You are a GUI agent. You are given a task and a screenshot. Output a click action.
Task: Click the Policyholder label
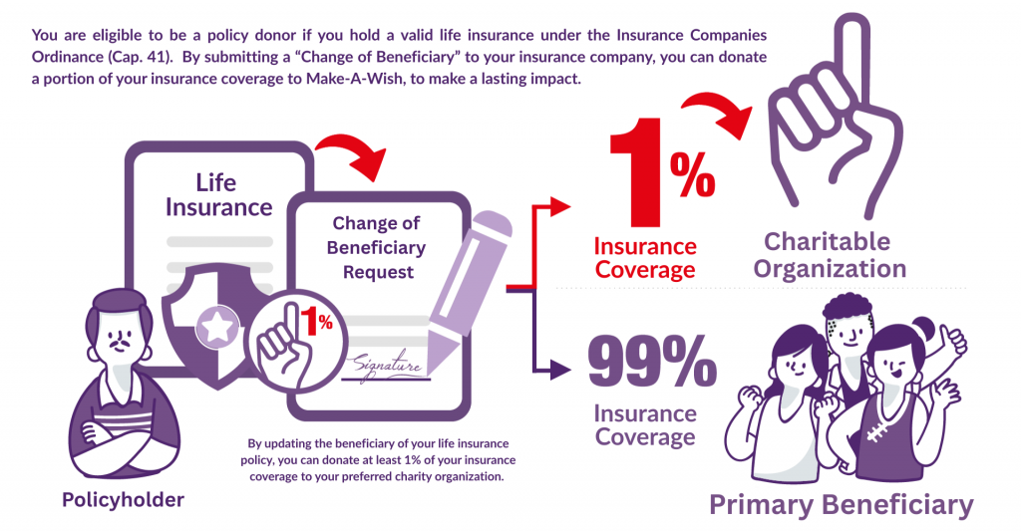[123, 500]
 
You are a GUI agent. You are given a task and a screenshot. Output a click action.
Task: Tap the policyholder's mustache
[120, 341]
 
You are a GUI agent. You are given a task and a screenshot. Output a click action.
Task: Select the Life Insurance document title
[218, 194]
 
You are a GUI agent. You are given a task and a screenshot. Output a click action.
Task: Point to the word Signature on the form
[387, 366]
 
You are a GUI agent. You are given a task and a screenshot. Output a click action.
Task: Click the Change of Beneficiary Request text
[376, 247]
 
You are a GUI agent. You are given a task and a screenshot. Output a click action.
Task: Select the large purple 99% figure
[652, 360]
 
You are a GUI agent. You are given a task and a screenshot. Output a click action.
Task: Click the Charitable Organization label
[829, 255]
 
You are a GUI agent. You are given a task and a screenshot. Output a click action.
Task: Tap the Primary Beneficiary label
[841, 505]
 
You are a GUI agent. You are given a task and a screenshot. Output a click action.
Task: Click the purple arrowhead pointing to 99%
[560, 370]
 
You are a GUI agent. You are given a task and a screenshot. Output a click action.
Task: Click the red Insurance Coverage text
[645, 258]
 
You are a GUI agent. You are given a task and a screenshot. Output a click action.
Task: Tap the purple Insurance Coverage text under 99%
[645, 425]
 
